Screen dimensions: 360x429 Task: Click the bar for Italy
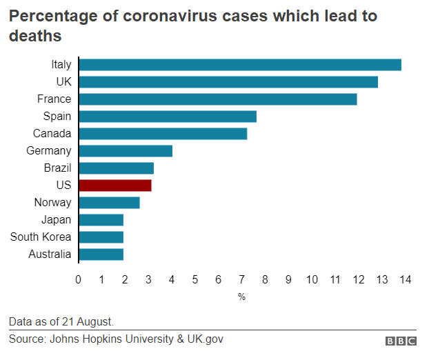click(240, 65)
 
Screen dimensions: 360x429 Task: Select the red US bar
click(115, 185)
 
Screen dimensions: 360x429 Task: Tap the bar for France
click(218, 99)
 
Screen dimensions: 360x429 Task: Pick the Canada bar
click(163, 134)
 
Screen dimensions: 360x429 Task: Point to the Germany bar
click(126, 151)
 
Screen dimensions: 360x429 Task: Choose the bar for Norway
click(110, 203)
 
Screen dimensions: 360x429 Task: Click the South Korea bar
click(101, 237)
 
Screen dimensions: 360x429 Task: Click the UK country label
click(63, 82)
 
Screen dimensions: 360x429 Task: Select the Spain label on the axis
click(57, 117)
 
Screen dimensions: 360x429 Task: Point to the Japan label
click(56, 220)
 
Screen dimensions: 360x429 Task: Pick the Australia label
click(50, 254)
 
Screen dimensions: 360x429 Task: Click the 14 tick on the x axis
click(405, 279)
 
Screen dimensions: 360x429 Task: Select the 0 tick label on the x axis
click(79, 279)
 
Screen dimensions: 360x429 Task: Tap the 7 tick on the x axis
click(242, 279)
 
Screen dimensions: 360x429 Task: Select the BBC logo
click(400, 341)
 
